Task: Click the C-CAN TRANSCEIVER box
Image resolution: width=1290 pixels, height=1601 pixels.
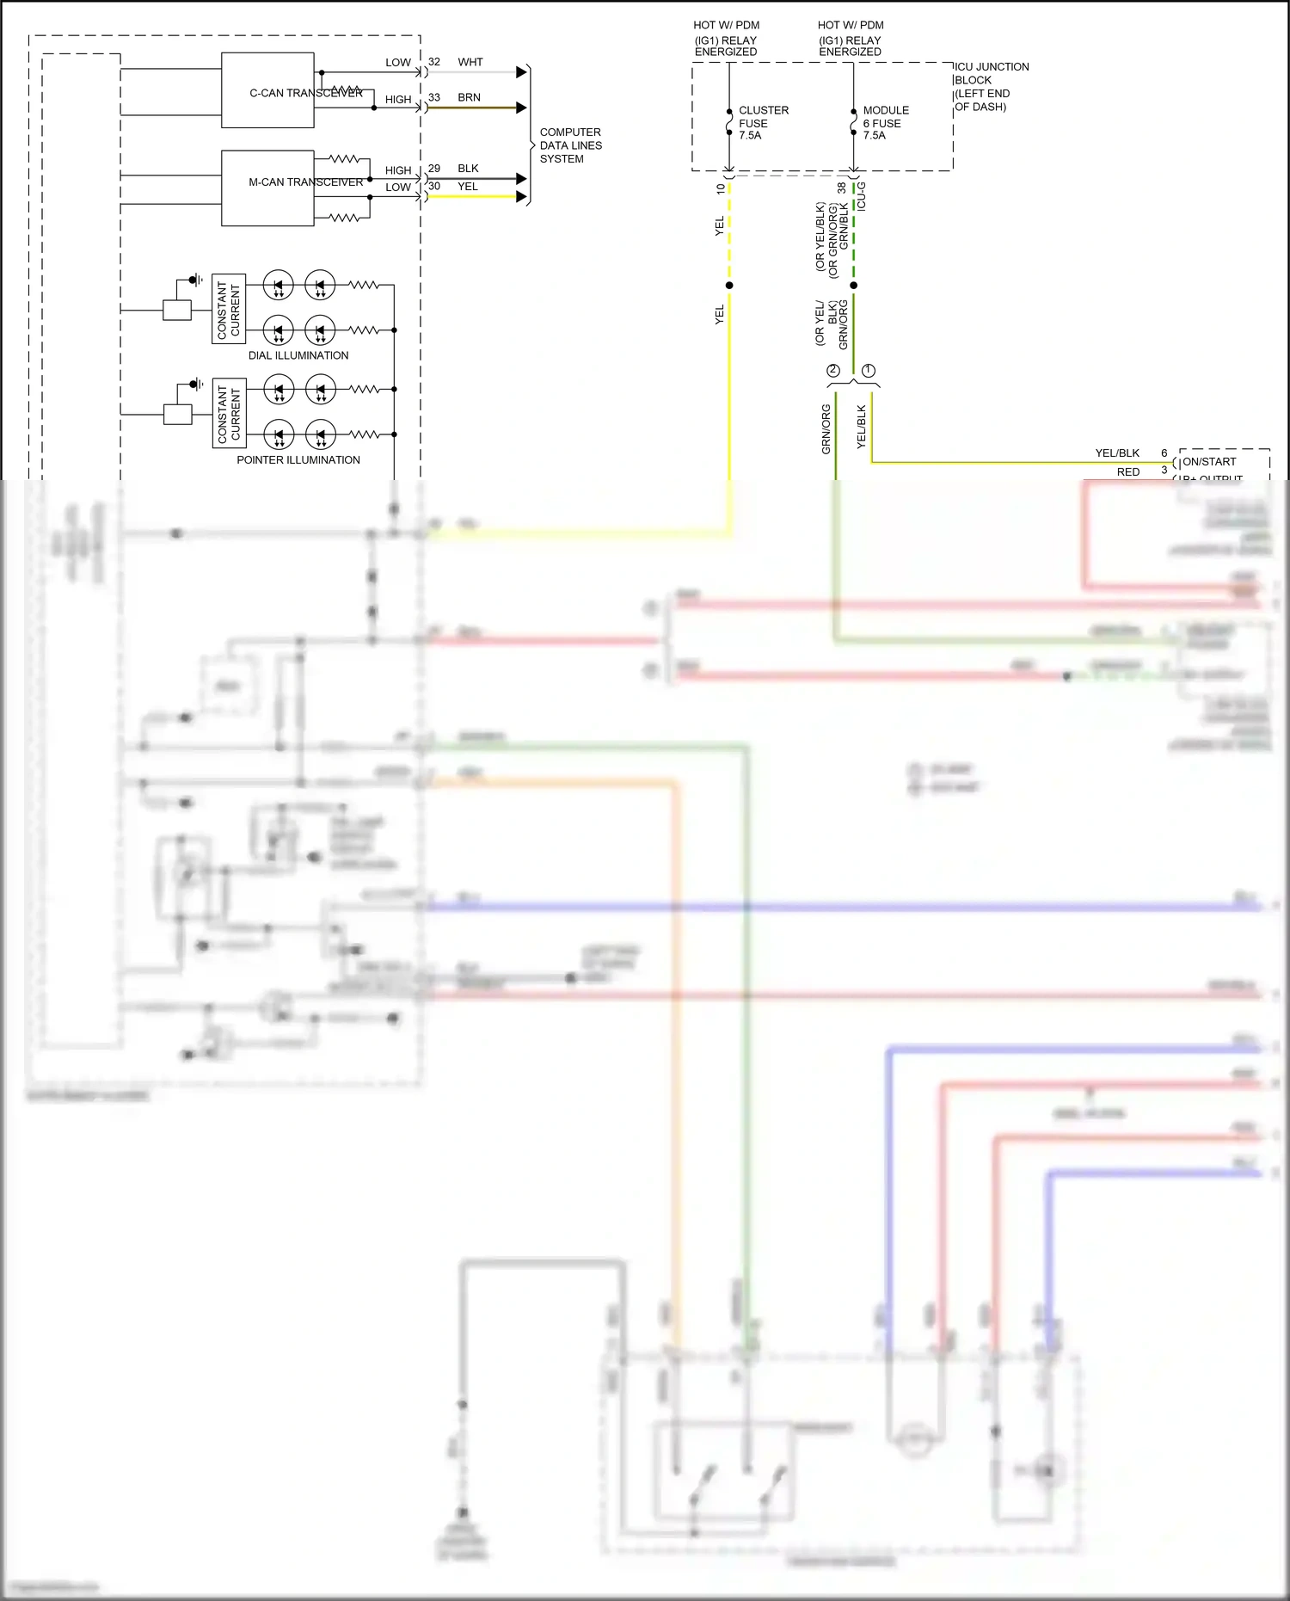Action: tap(267, 90)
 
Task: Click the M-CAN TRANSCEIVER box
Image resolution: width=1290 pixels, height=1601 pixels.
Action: tap(267, 188)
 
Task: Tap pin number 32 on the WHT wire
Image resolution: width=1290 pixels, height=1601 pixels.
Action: tap(434, 62)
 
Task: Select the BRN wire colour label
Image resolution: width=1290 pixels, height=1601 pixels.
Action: tap(469, 97)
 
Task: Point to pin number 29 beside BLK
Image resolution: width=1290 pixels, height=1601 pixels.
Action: tap(434, 169)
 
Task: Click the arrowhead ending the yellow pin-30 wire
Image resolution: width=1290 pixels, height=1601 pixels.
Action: tap(521, 197)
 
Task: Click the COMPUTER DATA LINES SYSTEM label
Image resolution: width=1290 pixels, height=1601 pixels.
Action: tap(570, 145)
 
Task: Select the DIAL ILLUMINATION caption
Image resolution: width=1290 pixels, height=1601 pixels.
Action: tap(298, 355)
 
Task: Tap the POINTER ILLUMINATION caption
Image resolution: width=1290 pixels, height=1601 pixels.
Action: tap(298, 460)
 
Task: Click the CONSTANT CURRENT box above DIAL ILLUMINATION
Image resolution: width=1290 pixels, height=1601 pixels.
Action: tap(229, 309)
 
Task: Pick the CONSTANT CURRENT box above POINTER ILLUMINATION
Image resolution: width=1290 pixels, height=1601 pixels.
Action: tap(229, 413)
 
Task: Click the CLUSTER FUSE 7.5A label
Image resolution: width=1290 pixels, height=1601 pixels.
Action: tap(762, 123)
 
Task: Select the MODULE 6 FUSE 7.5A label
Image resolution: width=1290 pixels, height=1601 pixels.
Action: tap(885, 123)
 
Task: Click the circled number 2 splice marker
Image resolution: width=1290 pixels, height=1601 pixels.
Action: tap(832, 371)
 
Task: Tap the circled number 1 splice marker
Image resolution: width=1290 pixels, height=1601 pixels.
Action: tap(868, 371)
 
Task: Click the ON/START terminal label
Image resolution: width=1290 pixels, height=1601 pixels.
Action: tap(1209, 462)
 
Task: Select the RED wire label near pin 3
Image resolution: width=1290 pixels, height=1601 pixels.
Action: tap(1127, 472)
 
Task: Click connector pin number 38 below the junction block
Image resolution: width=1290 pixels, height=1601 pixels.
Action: tap(840, 188)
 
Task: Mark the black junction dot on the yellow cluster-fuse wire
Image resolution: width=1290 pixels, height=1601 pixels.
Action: tap(729, 286)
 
